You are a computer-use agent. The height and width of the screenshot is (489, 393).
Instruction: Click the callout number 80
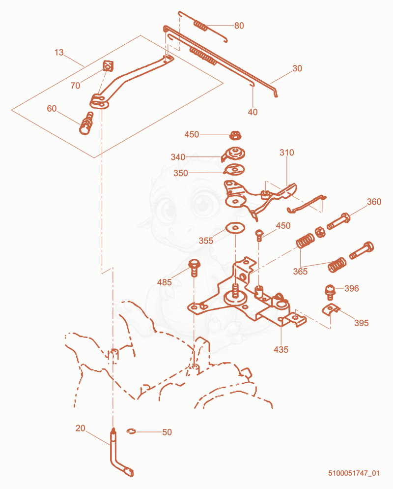click(239, 26)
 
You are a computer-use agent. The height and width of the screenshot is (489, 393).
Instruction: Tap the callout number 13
click(59, 52)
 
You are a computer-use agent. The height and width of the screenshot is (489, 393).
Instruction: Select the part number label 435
click(281, 350)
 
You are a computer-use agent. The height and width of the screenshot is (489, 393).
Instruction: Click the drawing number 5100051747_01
click(354, 473)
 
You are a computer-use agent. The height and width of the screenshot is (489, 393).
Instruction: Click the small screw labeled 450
click(259, 235)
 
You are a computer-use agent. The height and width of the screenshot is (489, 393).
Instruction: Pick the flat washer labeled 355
click(235, 227)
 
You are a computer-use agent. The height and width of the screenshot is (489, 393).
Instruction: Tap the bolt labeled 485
click(194, 268)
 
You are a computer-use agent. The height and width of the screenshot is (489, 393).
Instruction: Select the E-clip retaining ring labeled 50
click(132, 431)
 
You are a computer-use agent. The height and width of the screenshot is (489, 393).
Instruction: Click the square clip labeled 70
click(108, 66)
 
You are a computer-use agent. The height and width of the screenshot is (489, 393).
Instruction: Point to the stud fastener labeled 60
click(86, 123)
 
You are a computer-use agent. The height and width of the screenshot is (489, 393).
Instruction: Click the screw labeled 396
click(330, 292)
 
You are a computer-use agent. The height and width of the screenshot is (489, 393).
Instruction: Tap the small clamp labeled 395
click(331, 309)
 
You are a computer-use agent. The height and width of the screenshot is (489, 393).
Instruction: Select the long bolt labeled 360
click(338, 221)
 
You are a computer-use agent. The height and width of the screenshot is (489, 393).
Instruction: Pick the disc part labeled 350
click(234, 170)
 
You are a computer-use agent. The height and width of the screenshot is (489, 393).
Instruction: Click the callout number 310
click(286, 153)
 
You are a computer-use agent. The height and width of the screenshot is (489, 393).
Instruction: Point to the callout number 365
click(300, 272)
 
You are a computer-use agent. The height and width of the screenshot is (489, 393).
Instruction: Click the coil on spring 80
click(201, 26)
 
